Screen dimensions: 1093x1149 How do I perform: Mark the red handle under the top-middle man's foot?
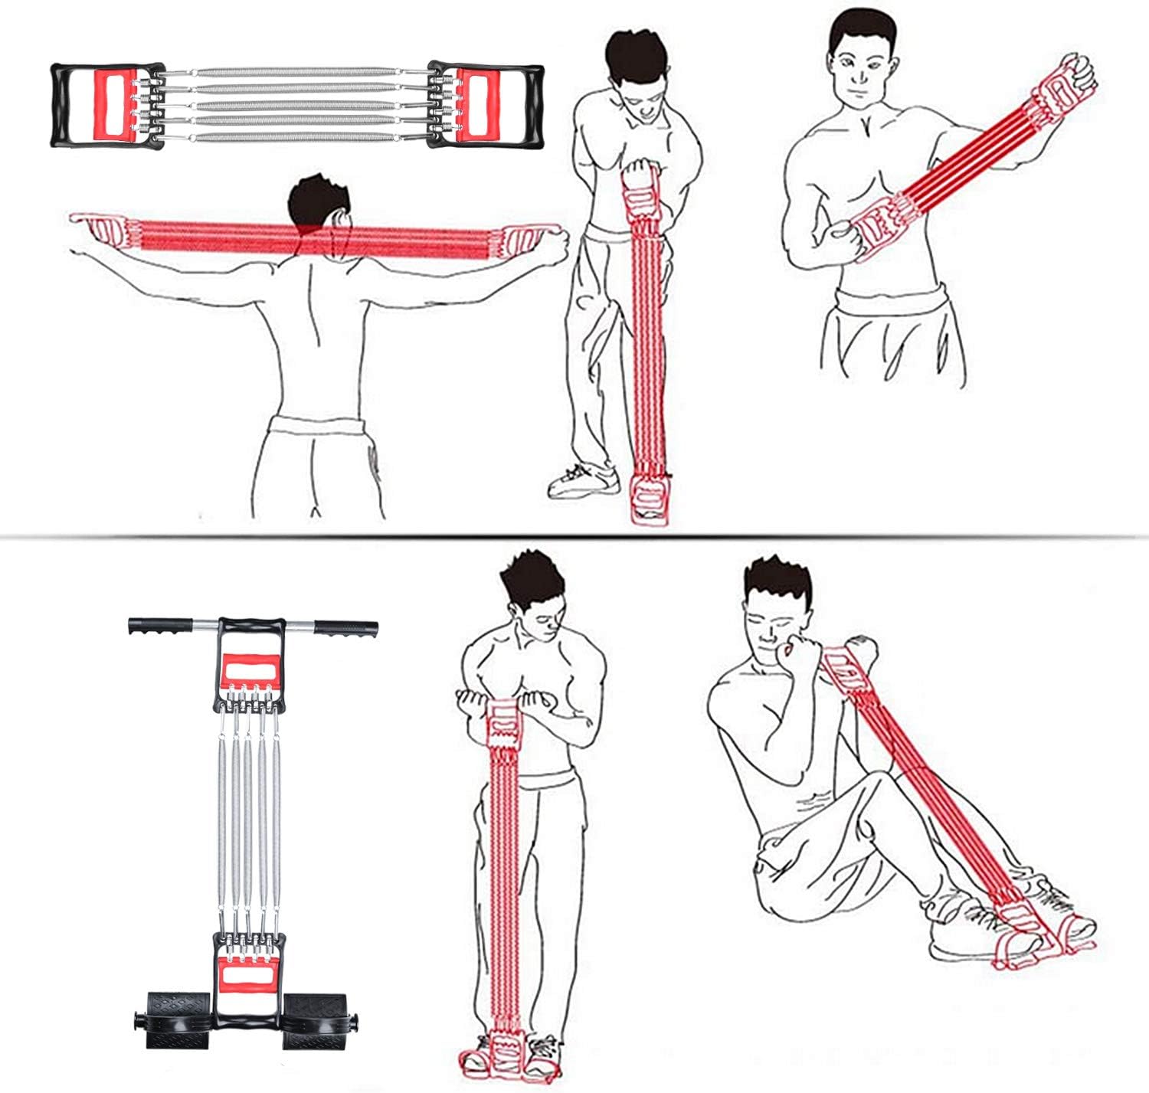pos(650,499)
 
